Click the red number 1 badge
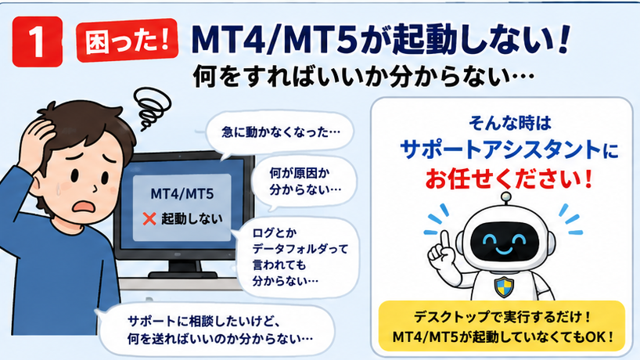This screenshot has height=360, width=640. [x=38, y=41]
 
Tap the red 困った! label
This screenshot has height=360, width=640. [x=128, y=40]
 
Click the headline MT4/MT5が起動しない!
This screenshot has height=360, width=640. [x=380, y=39]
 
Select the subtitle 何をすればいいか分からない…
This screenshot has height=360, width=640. [x=363, y=77]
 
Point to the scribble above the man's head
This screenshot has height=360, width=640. [x=153, y=108]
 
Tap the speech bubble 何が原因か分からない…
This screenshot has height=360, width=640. [x=305, y=182]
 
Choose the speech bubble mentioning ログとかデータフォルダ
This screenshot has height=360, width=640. [x=298, y=257]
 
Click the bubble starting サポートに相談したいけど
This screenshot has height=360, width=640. [x=216, y=329]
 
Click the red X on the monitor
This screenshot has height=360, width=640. [x=149, y=219]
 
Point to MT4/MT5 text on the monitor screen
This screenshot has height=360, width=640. [x=182, y=193]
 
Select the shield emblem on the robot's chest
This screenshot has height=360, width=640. [x=504, y=286]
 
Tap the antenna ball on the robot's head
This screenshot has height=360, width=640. [x=506, y=196]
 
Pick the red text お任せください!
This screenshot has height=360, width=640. [x=509, y=178]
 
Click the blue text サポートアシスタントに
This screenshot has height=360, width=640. [x=509, y=149]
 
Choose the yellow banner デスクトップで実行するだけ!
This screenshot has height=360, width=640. [x=502, y=326]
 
